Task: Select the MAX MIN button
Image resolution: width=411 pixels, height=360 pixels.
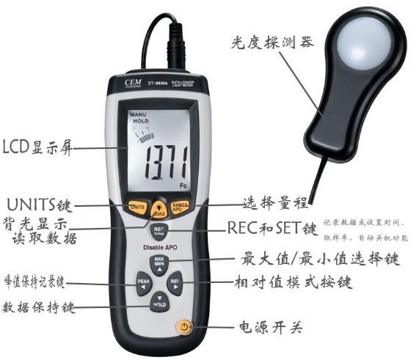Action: pos(159,263)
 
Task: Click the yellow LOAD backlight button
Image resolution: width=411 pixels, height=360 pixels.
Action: pos(159,207)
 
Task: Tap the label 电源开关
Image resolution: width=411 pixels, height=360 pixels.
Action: pos(268,327)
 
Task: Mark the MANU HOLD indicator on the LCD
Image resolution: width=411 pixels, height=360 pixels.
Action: pos(139,120)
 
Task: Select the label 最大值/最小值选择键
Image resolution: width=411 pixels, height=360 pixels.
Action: pos(320,259)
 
